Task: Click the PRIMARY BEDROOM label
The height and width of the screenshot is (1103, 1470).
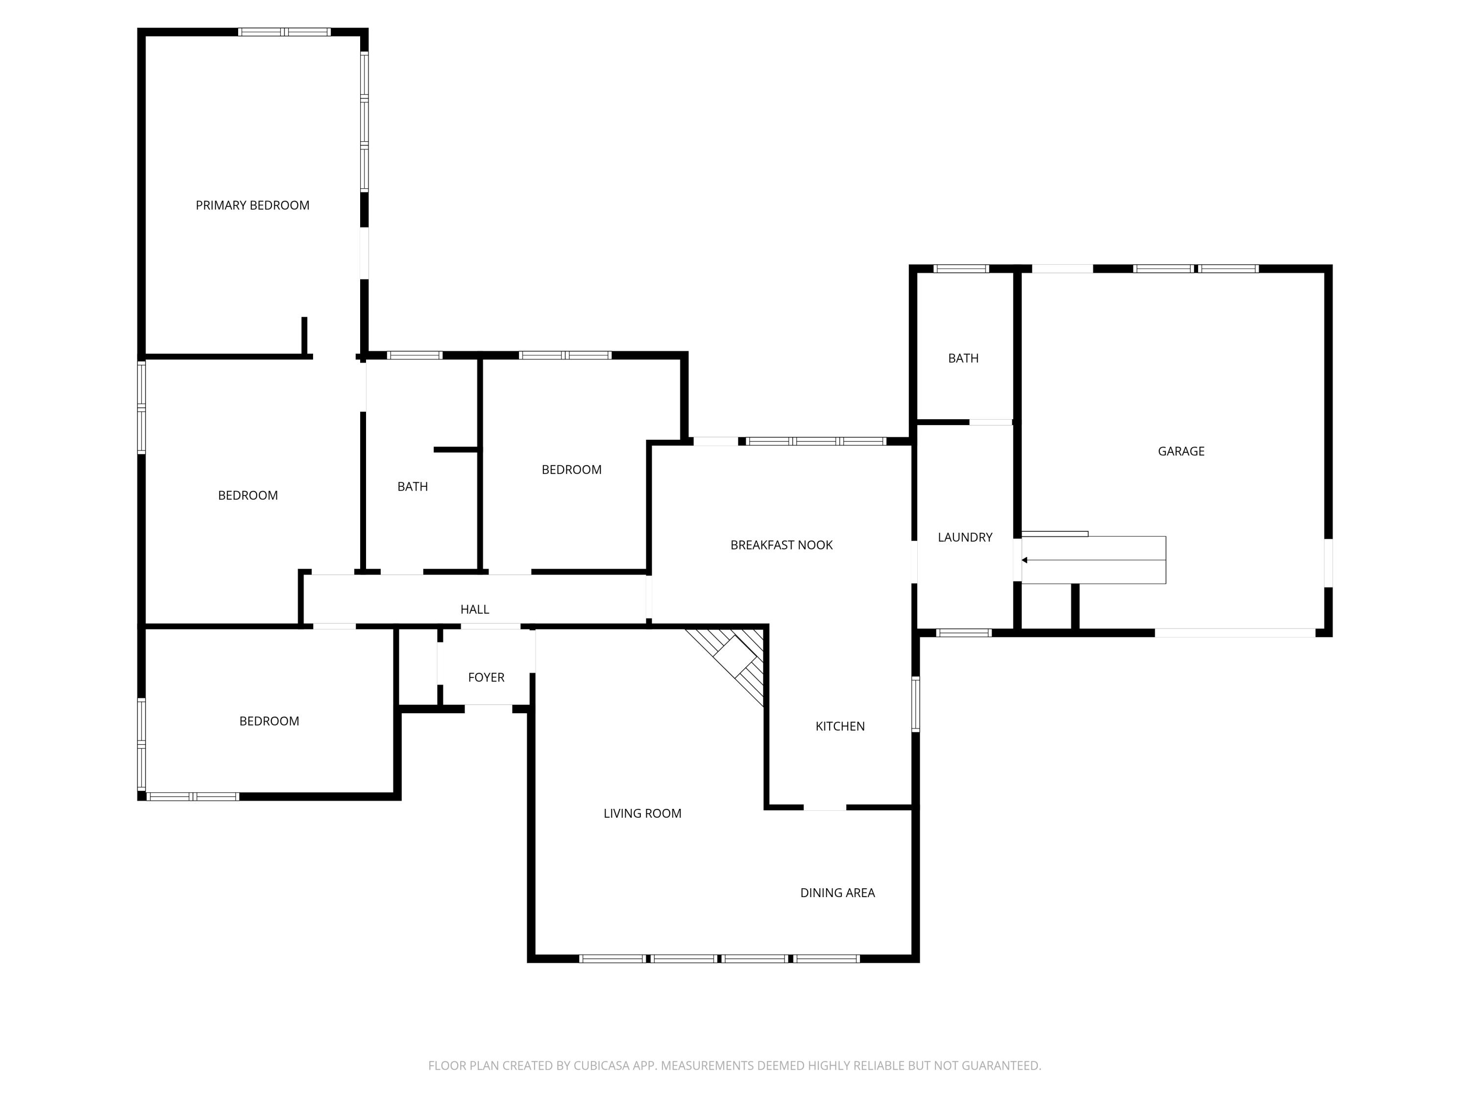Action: (x=252, y=205)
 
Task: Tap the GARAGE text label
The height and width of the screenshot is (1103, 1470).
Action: (x=1180, y=451)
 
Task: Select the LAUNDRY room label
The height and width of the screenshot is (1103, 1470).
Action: (x=964, y=537)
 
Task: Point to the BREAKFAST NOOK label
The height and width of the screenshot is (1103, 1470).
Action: (x=781, y=545)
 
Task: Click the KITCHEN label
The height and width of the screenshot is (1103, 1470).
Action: (x=839, y=726)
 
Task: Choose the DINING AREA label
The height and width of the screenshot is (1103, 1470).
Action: (x=837, y=893)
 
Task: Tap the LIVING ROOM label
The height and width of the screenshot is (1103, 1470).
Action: (x=642, y=813)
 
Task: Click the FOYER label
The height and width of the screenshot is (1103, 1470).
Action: (x=486, y=677)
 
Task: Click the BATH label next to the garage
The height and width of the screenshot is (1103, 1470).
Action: (x=963, y=358)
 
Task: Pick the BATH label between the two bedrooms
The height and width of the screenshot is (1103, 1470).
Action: (x=412, y=487)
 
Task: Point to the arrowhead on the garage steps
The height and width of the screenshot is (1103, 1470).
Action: (x=1025, y=560)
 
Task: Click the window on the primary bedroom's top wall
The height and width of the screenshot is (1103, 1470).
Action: (x=284, y=32)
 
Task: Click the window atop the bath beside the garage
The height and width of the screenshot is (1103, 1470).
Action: (x=961, y=269)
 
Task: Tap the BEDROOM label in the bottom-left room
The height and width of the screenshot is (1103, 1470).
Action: (x=269, y=722)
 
